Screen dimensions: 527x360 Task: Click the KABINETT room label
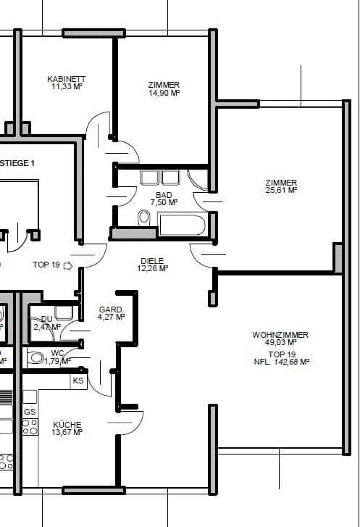tap(66, 78)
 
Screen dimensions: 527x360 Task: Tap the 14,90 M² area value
tap(163, 93)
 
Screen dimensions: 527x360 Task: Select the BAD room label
tap(164, 195)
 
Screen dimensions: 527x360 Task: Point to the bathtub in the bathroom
tap(183, 224)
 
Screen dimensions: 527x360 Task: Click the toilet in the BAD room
tap(143, 217)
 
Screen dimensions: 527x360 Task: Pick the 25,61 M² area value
tap(281, 190)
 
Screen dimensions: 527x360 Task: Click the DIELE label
tap(152, 260)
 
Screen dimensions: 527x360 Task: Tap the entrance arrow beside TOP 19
tap(68, 265)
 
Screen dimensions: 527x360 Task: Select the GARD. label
tap(111, 310)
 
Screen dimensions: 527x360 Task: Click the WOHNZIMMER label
tap(280, 335)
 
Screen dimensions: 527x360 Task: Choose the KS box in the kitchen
tap(78, 380)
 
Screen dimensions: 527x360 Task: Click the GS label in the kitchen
tap(30, 411)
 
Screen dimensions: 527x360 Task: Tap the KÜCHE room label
tap(67, 425)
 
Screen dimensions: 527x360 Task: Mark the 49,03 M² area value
tap(280, 343)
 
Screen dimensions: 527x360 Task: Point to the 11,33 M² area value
tap(66, 86)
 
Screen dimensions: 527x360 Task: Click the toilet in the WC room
tap(35, 357)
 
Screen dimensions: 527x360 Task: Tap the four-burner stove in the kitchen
tap(30, 427)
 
